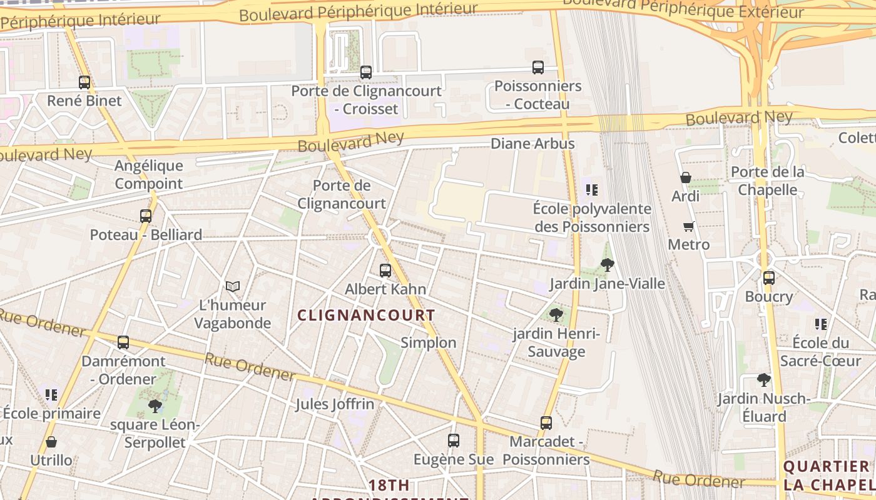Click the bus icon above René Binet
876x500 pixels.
[84, 82]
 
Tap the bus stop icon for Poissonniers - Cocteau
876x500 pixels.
[538, 67]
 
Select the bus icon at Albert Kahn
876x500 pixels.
[385, 271]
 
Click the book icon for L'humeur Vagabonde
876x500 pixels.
[233, 286]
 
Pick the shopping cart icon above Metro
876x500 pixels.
[689, 226]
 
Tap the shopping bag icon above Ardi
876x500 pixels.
[686, 177]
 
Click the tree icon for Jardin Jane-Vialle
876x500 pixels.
[607, 265]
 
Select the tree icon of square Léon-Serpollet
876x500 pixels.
[155, 407]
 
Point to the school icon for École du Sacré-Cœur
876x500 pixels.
[821, 324]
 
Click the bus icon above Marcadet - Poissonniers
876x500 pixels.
[546, 423]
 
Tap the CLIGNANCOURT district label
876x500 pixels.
[366, 316]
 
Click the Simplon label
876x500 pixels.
[429, 342]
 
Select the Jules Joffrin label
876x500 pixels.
[335, 404]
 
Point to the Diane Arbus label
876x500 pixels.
[532, 144]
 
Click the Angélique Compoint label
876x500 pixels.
[149, 174]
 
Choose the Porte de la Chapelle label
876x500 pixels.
[768, 181]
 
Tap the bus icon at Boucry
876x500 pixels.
[769, 278]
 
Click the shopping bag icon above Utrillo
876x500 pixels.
[51, 442]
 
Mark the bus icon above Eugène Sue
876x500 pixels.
[454, 441]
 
